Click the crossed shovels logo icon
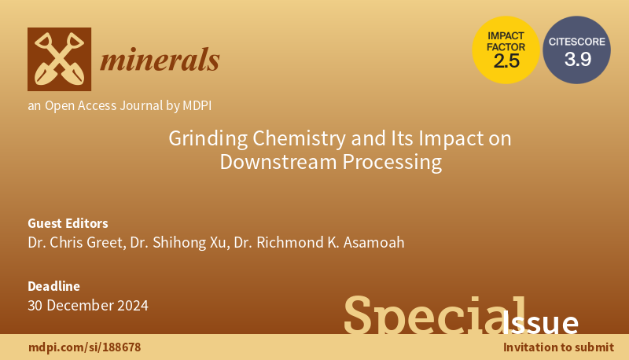(59, 59)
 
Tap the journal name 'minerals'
(160, 59)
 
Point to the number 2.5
(506, 61)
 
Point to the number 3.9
(577, 59)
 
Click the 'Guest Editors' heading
(68, 222)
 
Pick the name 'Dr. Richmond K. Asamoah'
(319, 242)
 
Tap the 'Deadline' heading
(53, 286)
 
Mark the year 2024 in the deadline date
(129, 305)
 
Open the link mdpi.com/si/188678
(84, 347)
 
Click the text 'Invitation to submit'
(558, 347)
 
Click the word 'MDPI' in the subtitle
(193, 105)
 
